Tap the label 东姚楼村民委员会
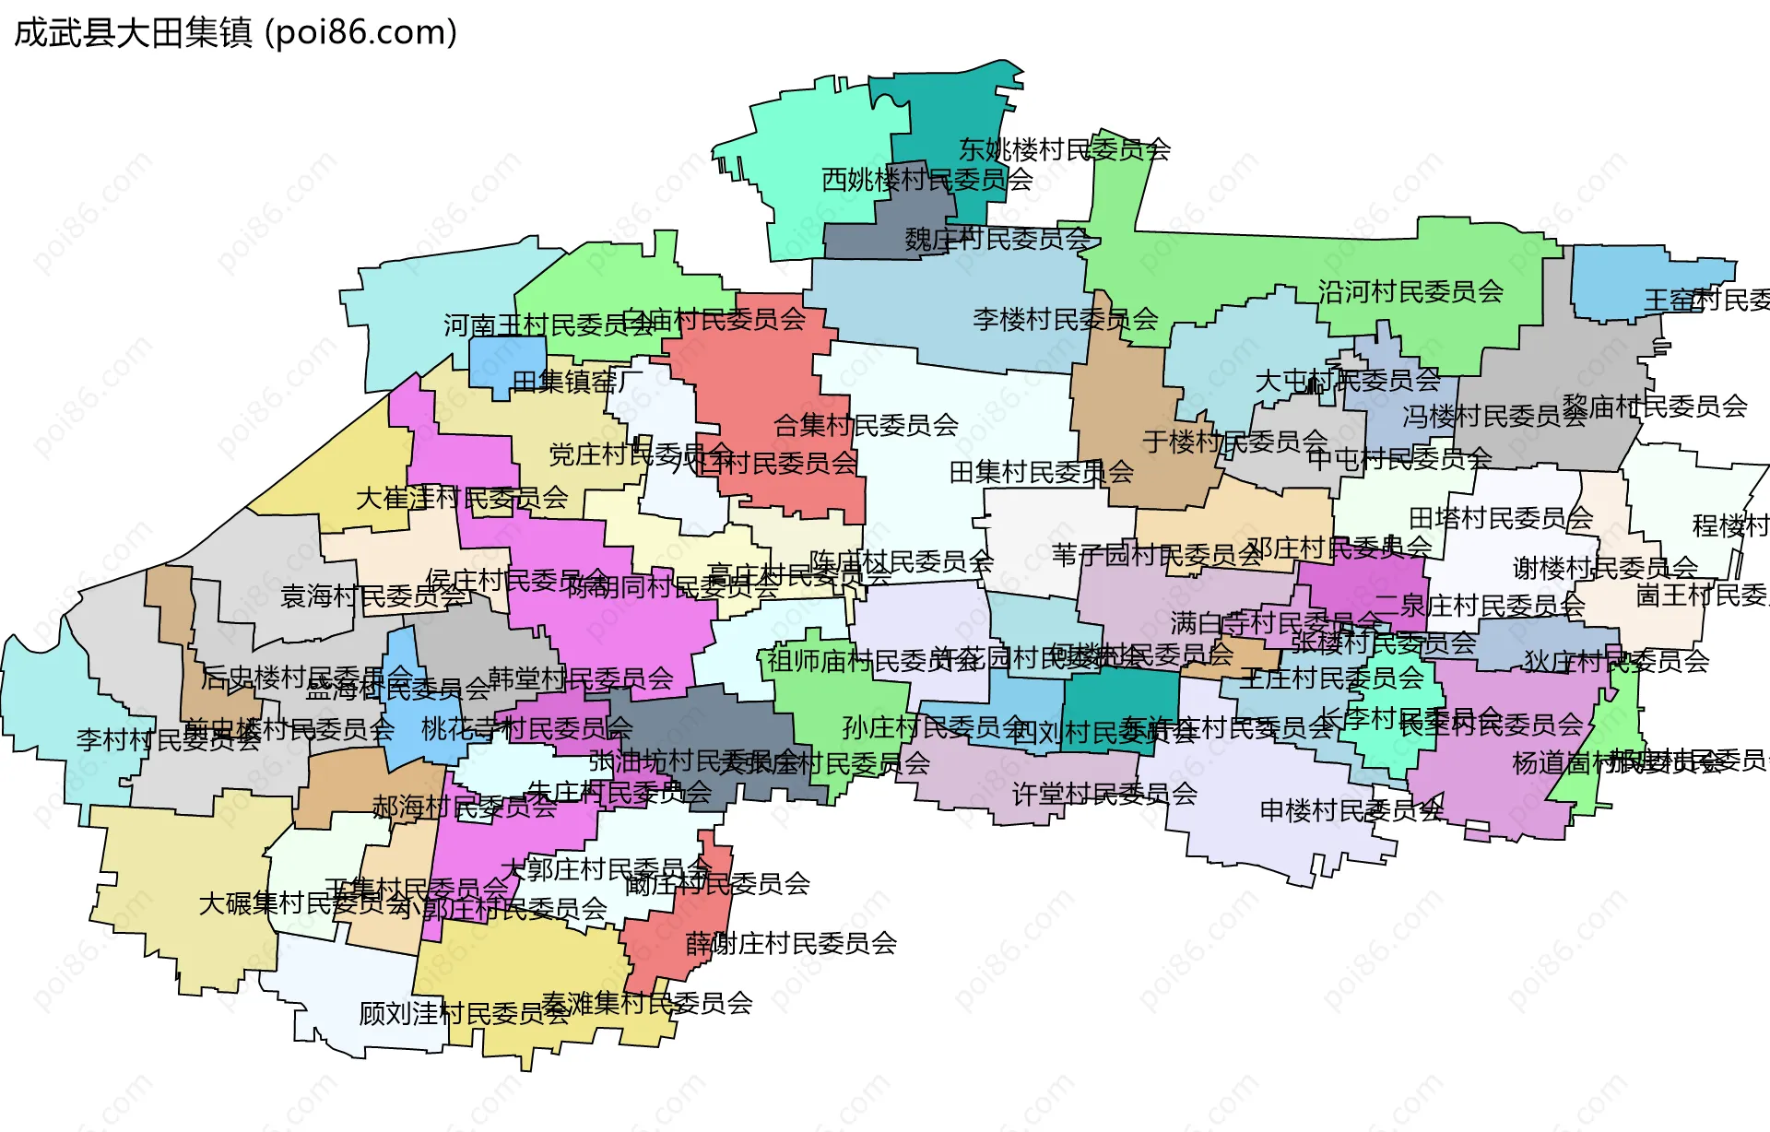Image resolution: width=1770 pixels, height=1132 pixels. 1064,149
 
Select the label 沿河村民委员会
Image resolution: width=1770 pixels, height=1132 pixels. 1410,292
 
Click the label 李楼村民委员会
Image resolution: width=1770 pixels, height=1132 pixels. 1065,320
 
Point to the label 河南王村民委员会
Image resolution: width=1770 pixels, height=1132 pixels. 549,325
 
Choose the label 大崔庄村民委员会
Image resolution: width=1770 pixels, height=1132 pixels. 462,499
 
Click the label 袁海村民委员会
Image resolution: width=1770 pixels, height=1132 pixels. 373,596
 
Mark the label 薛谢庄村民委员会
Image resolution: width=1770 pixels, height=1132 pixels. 791,943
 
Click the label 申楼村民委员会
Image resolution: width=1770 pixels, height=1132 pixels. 1351,811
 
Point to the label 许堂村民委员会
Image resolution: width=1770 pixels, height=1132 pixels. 1104,794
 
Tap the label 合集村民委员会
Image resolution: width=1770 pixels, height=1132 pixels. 866,425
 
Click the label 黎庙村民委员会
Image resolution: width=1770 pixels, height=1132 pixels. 1655,406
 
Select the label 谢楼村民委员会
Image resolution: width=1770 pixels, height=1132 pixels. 1605,568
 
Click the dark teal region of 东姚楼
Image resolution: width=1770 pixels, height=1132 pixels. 950,111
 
